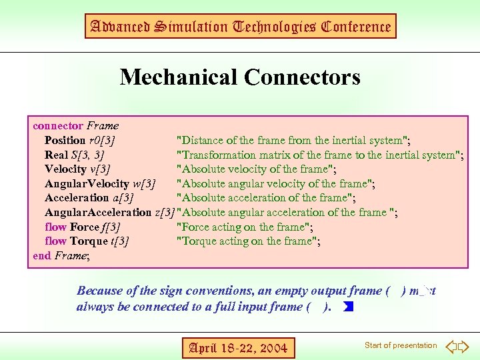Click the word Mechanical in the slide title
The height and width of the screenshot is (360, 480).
[x=179, y=77]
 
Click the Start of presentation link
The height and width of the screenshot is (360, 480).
[x=401, y=345]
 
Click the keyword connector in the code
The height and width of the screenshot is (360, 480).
[x=58, y=125]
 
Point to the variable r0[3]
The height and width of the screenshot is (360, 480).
[x=102, y=140]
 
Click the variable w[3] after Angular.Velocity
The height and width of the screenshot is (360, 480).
[x=144, y=183]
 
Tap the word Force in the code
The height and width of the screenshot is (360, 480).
[x=85, y=227]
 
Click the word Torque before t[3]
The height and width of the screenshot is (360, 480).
[x=89, y=241]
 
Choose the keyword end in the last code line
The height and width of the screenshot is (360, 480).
[x=41, y=255]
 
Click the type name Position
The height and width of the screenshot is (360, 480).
[x=65, y=140]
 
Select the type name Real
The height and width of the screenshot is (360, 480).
[x=56, y=155]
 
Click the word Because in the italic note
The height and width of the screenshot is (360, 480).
[x=99, y=291]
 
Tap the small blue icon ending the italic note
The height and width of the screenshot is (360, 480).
[x=347, y=307]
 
